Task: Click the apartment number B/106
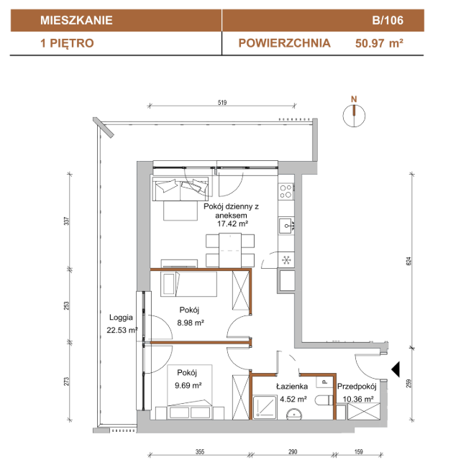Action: click(388, 20)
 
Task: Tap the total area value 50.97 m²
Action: click(379, 43)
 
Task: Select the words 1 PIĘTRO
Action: click(67, 43)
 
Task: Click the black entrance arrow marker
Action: click(396, 369)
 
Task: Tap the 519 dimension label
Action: click(222, 103)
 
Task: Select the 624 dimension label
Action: click(408, 261)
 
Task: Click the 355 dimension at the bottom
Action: click(200, 452)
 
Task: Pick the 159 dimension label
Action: click(358, 452)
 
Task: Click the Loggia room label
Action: click(121, 317)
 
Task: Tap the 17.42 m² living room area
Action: click(232, 223)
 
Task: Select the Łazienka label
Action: click(292, 386)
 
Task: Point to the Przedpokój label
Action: click(357, 386)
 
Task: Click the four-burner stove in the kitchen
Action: click(285, 191)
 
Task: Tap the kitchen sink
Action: click(286, 226)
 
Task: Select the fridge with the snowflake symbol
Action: click(286, 260)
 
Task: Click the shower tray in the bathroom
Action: click(265, 407)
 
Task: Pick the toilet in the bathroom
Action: click(324, 400)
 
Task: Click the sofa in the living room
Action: click(181, 189)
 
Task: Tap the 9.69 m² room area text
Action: click(188, 385)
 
